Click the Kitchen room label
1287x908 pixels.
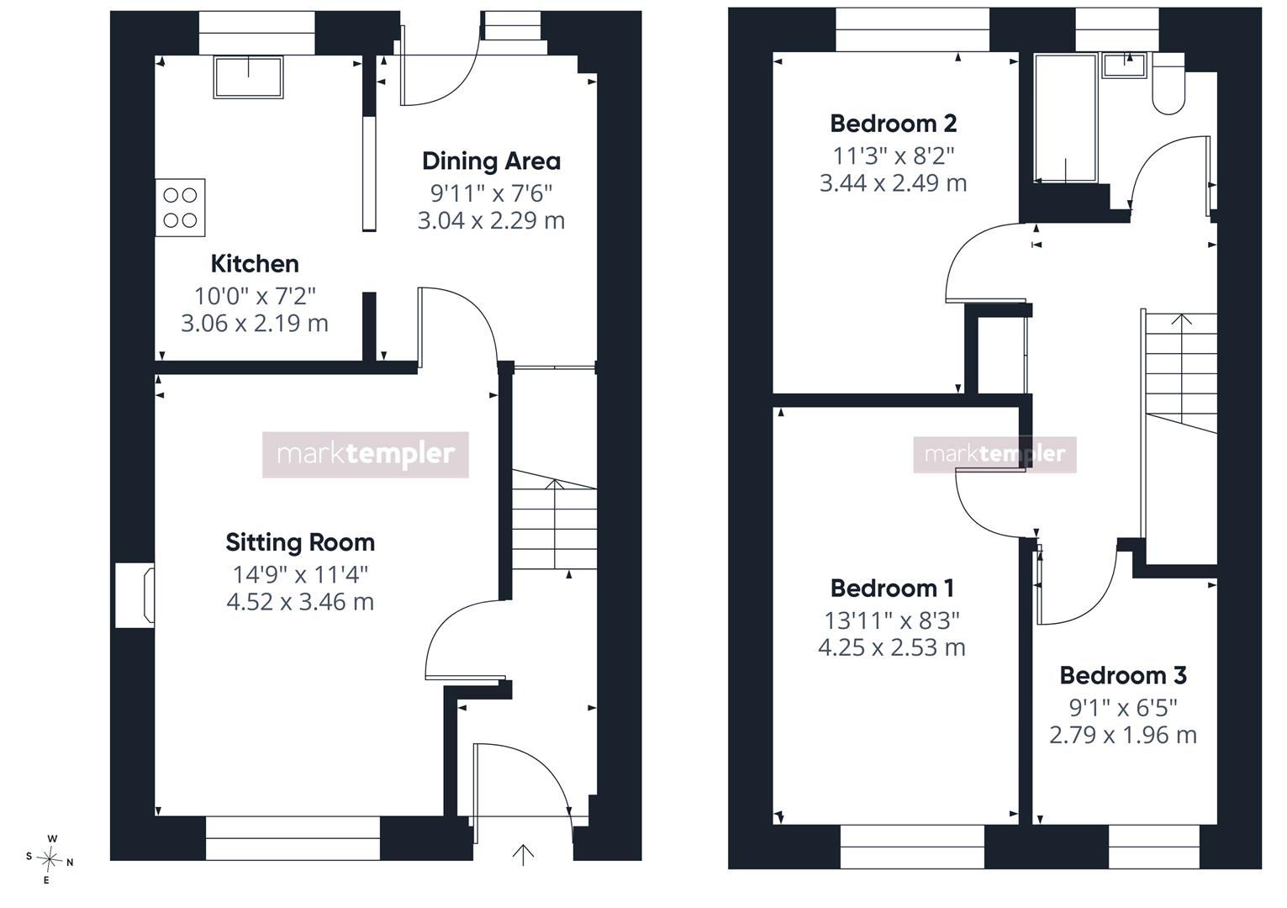coord(255,264)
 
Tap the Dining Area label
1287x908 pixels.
coord(491,161)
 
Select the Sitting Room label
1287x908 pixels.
coord(300,542)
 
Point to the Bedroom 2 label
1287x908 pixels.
coord(894,124)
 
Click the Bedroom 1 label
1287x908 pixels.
coord(892,588)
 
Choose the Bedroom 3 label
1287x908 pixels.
coord(1123,675)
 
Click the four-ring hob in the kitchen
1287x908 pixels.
coord(181,208)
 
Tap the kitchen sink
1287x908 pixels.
coord(248,77)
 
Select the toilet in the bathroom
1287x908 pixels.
coord(1168,84)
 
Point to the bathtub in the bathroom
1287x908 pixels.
coord(1066,118)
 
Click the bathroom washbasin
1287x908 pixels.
coord(1125,66)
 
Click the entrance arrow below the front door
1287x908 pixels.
coord(523,854)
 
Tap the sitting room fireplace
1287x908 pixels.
coord(135,595)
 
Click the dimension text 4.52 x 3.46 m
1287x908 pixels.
coord(300,602)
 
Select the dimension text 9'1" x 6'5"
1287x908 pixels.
coord(1123,708)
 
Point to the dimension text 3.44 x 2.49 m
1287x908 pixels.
coord(894,183)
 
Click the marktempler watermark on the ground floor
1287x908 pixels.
coord(366,455)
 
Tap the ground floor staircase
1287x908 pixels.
coord(555,520)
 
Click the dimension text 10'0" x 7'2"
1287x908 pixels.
coord(255,297)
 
